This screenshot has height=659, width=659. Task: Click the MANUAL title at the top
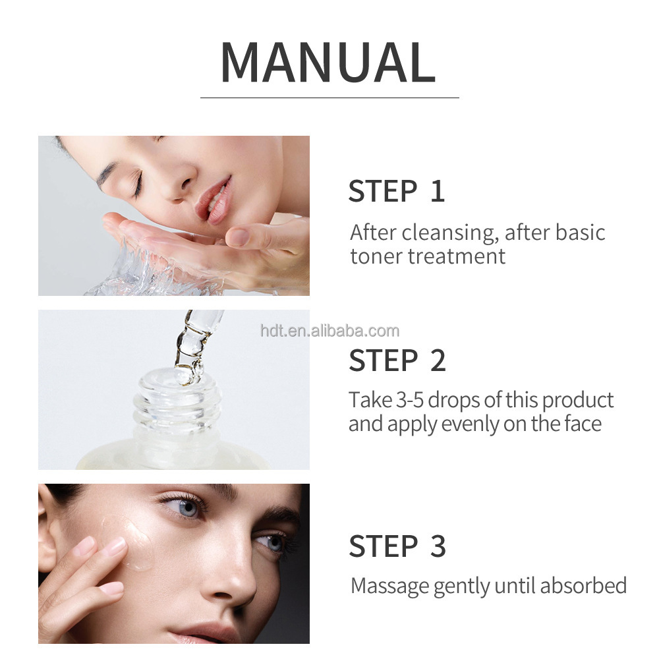point(328,63)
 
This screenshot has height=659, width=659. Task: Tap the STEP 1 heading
point(396,191)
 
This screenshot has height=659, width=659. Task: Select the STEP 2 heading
point(397,360)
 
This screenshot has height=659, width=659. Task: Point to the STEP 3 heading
point(397,547)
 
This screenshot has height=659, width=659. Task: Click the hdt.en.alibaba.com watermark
point(329,331)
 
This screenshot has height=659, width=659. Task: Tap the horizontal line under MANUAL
point(329,98)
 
